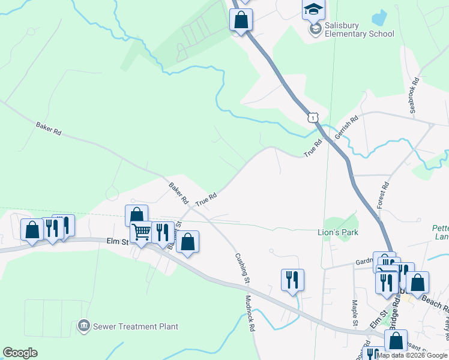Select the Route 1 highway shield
tap(312, 118)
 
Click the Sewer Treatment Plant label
tap(135, 326)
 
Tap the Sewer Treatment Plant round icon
tap(83, 326)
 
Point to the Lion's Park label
tap(337, 232)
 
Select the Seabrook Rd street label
tap(413, 94)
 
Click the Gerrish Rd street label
tap(346, 127)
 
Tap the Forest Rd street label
tap(383, 196)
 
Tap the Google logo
tap(20, 353)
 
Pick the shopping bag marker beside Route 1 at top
tap(241, 19)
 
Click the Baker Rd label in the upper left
tap(49, 128)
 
